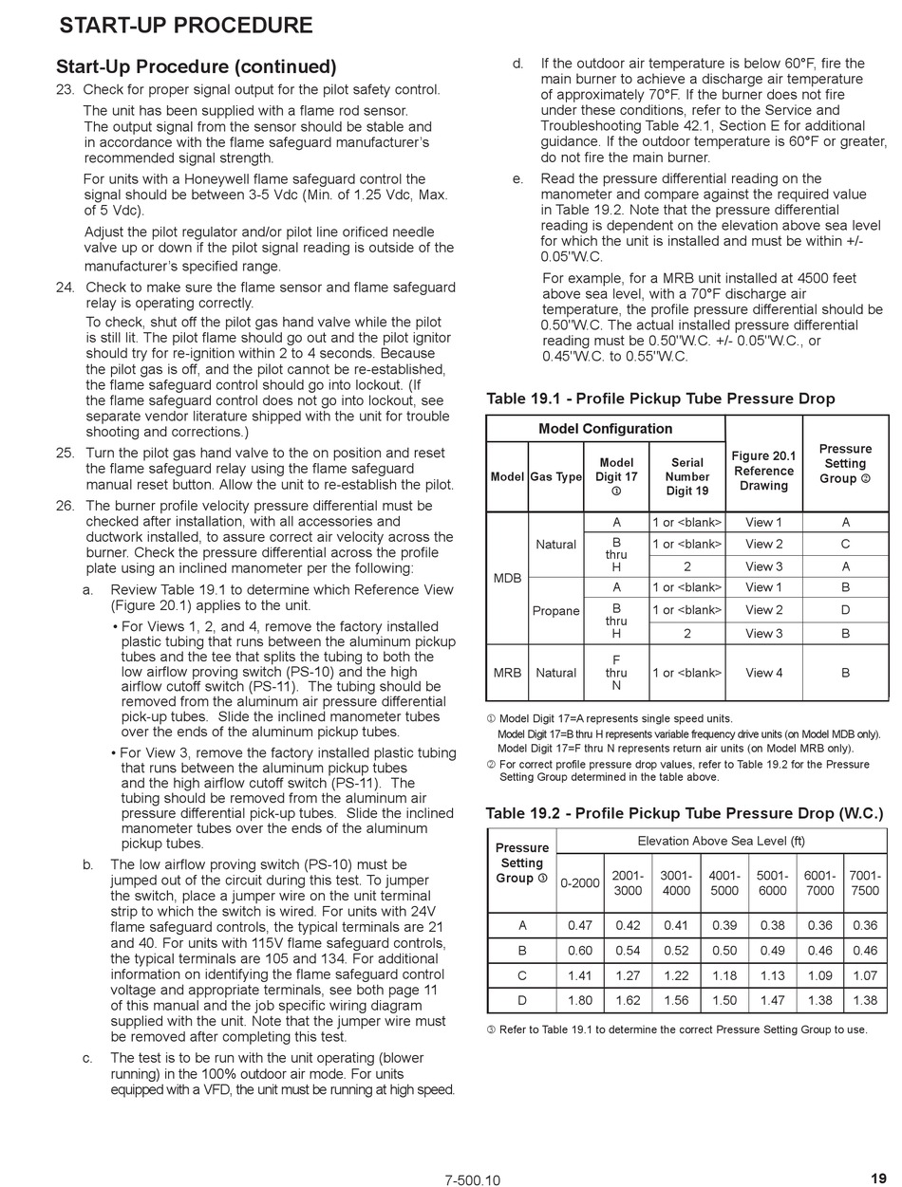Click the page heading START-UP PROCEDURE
pos(185,26)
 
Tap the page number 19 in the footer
pos(878,1178)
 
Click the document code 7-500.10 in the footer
pos(472,1180)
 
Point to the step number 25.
pos(65,454)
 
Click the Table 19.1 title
pos(660,399)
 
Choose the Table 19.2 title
pos(684,813)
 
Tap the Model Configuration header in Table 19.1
pos(605,429)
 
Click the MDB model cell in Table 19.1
pos(507,578)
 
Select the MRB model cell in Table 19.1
pos(507,673)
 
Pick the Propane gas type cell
pos(555,610)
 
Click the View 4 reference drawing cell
pos(763,673)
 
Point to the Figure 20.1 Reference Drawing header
pos(763,471)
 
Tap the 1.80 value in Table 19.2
pos(579,1000)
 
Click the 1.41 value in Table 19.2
pos(579,975)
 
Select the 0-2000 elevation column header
pos(579,883)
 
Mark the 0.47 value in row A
pos(579,926)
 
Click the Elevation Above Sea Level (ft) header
pos(721,841)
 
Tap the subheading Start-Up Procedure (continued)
pos(196,67)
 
